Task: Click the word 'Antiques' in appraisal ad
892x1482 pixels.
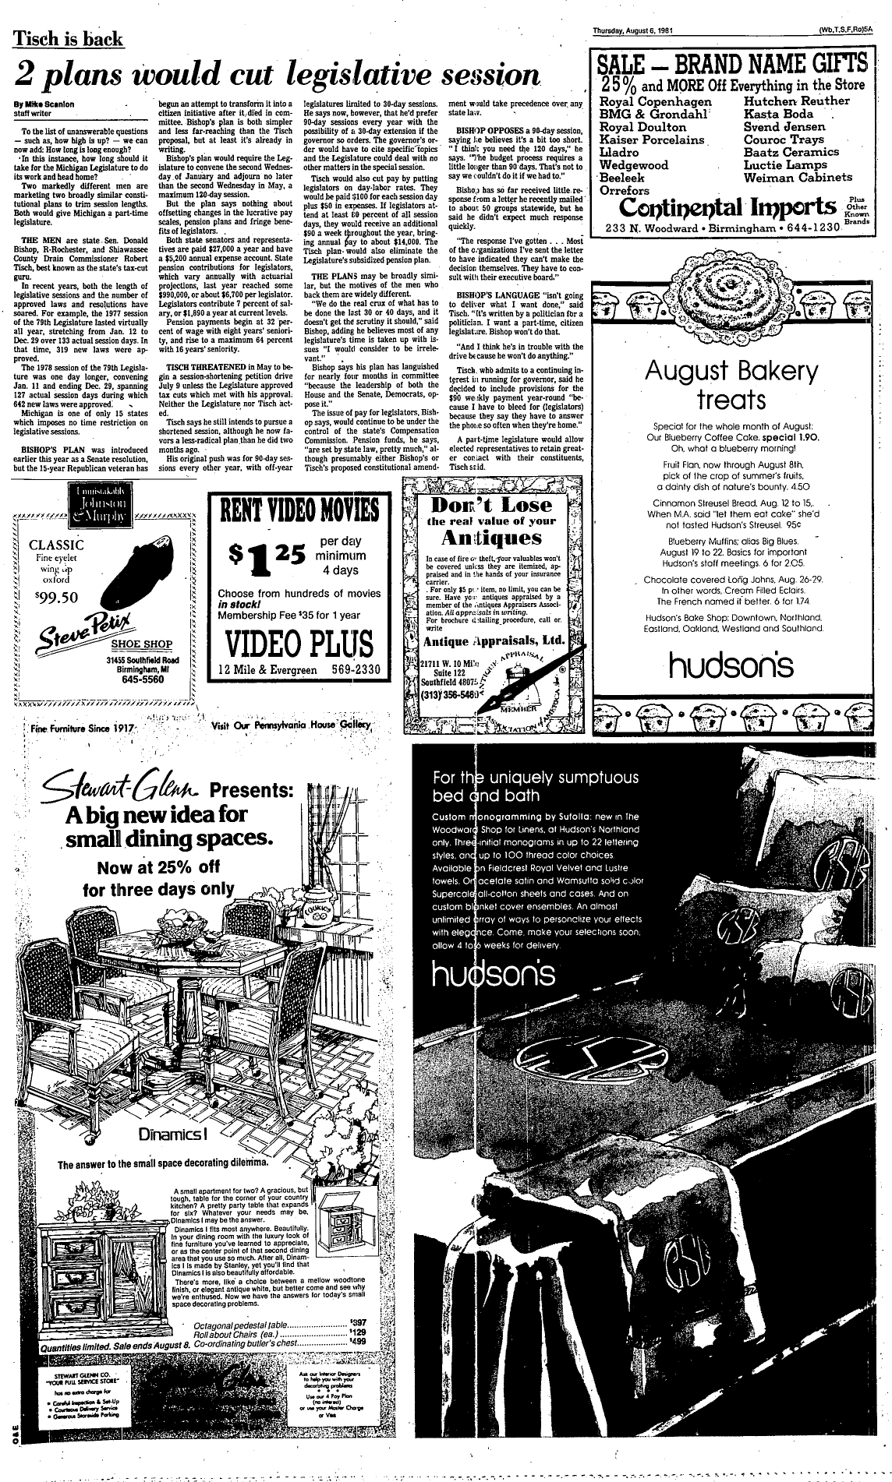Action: coord(491,538)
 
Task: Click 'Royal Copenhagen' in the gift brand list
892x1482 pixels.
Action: coord(656,102)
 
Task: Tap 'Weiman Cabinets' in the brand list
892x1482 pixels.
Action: coord(798,177)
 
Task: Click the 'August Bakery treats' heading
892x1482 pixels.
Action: coord(731,385)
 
